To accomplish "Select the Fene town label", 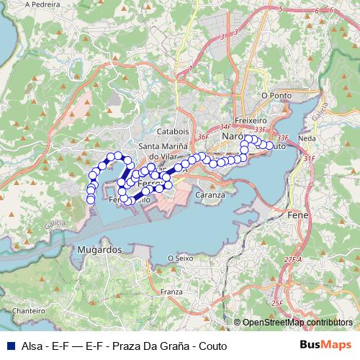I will click(x=298, y=215).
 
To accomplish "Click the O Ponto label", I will click(x=276, y=94).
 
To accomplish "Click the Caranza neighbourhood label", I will click(x=210, y=194).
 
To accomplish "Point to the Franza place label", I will click(x=171, y=292).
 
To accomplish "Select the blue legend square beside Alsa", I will click(x=9, y=346).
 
